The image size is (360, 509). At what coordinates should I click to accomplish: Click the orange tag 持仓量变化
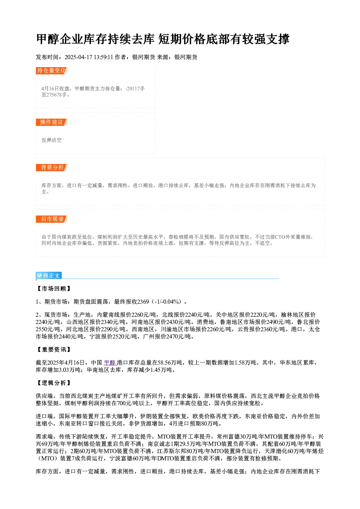52,71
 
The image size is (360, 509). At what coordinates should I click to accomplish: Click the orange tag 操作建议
52,122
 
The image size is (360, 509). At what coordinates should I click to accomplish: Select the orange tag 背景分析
52,168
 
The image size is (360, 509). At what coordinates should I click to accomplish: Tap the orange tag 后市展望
52,219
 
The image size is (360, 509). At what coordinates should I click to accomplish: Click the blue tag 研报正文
49,276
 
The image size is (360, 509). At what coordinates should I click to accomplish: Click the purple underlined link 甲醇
110,362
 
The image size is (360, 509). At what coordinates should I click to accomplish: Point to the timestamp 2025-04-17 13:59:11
89,57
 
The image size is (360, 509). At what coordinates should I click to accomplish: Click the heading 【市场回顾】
54,288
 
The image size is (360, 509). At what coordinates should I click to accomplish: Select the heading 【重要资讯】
54,349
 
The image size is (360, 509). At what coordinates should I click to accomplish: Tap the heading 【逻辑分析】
54,383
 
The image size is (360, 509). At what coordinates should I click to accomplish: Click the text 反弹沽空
52,140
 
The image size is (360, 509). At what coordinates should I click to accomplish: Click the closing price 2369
143,301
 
